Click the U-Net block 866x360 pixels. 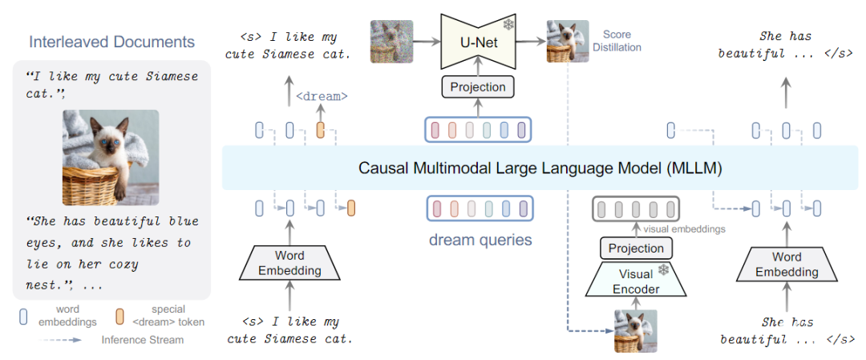478,42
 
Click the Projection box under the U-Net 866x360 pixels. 478,87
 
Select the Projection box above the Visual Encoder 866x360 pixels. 636,249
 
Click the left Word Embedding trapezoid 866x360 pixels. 287,264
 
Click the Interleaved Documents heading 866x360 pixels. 111,42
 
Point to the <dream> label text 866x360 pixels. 322,96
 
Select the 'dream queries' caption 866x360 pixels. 479,239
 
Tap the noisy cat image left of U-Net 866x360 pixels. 391,42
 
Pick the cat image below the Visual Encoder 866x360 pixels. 636,330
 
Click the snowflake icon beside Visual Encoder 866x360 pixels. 663,269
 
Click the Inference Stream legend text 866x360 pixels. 142,339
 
